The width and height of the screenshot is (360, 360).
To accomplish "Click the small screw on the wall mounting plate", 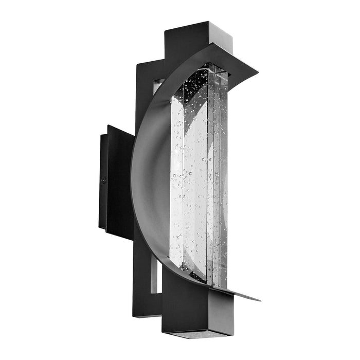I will pos(104,181).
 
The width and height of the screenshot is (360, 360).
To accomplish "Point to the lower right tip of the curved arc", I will pos(259,299).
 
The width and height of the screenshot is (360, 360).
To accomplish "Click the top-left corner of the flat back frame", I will pos(137,65).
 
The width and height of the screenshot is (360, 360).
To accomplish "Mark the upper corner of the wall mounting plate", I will pos(108,126).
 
